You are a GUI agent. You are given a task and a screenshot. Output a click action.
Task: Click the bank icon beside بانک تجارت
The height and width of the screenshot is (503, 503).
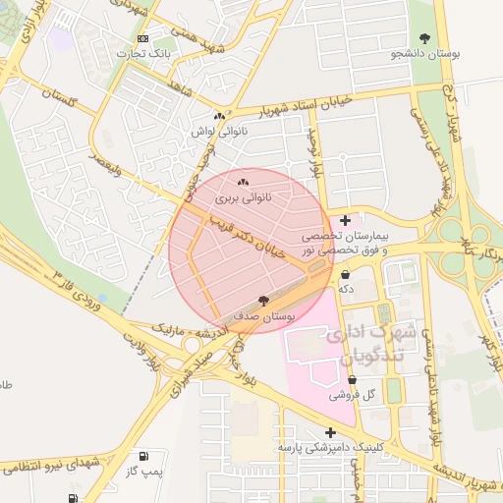143,38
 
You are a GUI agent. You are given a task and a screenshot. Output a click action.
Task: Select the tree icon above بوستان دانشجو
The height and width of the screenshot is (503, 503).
424,37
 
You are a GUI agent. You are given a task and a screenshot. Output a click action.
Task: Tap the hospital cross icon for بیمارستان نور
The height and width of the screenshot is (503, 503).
344,220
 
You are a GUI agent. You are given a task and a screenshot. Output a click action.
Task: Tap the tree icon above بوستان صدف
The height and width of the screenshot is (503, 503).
262,301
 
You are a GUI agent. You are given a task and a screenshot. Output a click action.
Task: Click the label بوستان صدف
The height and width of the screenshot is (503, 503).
264,317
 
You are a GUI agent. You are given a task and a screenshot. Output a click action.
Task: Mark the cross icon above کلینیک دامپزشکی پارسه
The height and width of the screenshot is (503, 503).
330,432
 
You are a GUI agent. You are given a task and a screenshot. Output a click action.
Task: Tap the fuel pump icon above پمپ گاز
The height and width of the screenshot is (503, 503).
144,456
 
